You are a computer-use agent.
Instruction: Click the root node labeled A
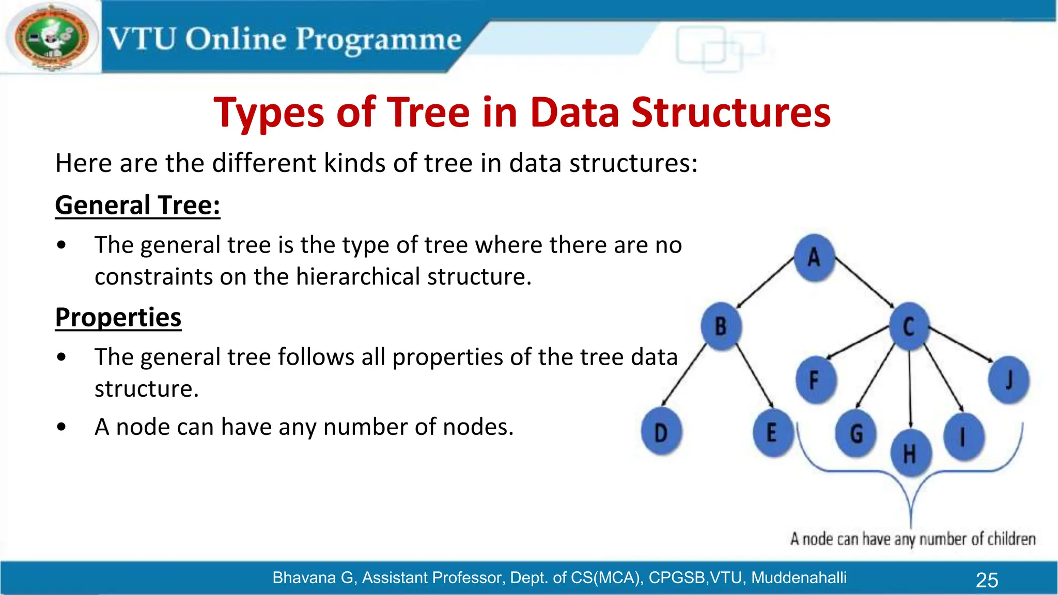point(814,257)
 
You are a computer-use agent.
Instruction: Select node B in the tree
point(721,326)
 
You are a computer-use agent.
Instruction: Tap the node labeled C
point(909,326)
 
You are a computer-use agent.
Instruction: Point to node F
point(815,380)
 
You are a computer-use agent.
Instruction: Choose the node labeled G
point(856,433)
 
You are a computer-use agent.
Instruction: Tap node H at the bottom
point(910,453)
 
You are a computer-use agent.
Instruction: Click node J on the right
point(1008,380)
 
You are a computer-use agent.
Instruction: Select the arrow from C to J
point(961,345)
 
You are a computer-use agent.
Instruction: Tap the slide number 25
point(987,580)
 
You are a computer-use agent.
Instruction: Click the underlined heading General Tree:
point(137,205)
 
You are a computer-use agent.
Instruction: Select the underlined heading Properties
point(118,317)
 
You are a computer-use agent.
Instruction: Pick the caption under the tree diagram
point(912,539)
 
